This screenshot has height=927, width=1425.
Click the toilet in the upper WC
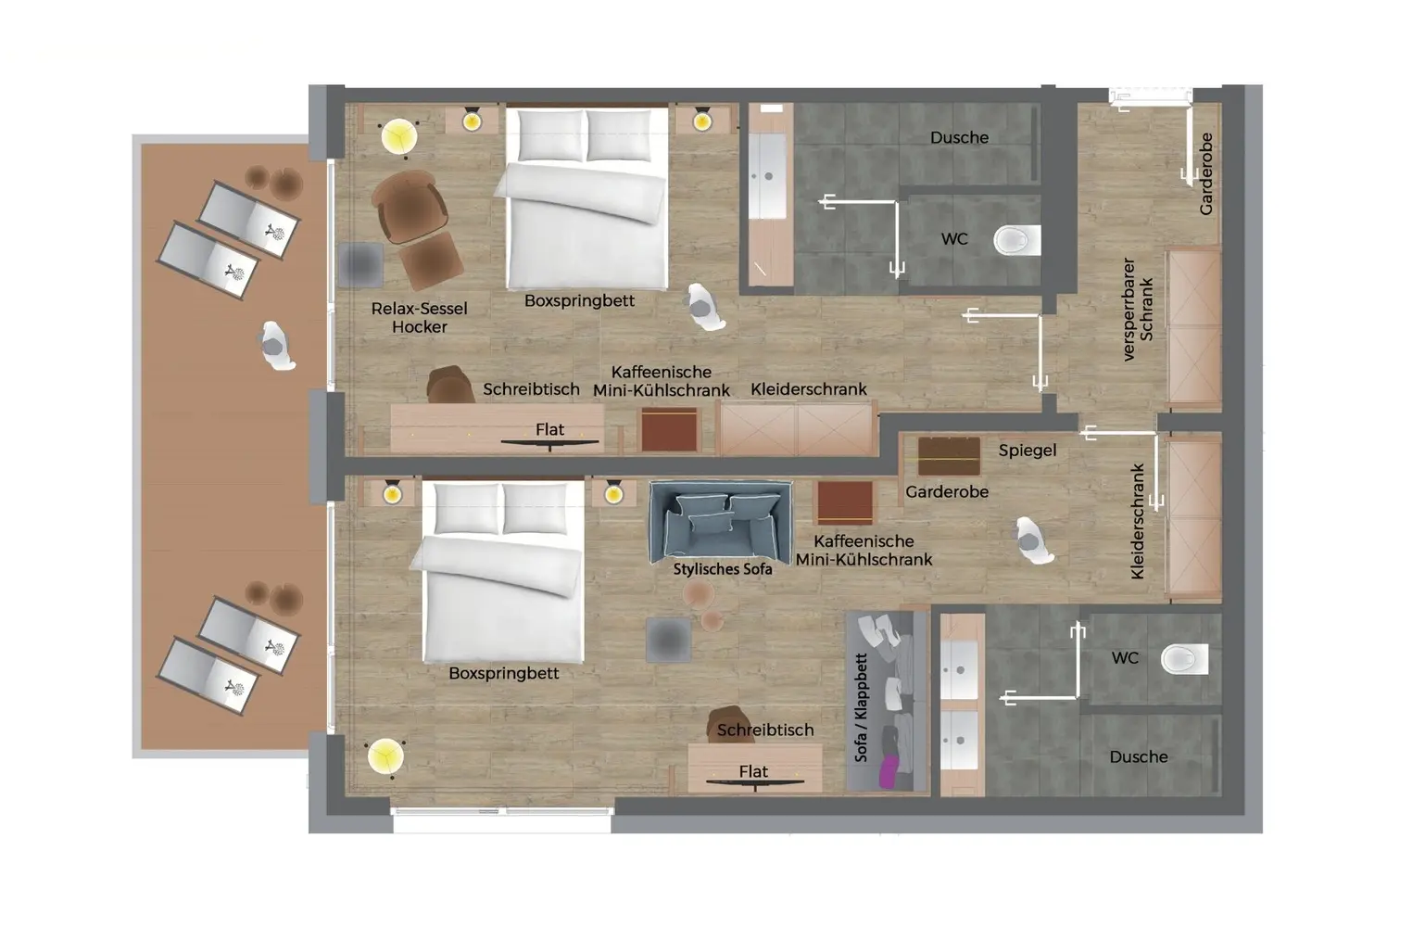[1016, 240]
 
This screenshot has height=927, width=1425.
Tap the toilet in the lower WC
[1184, 659]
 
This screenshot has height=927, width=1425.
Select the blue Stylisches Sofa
[720, 523]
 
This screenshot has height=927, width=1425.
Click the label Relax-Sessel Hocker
[419, 318]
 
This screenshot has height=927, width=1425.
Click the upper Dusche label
[959, 137]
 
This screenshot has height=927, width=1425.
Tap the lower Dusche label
[1139, 757]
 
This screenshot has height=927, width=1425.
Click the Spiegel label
[1028, 451]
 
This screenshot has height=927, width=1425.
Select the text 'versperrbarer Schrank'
[1138, 310]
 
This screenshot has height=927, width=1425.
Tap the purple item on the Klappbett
[889, 771]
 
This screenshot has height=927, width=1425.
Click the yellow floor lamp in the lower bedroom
[385, 756]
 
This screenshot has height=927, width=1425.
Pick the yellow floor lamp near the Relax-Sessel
[399, 137]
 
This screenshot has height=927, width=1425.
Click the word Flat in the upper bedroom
[549, 430]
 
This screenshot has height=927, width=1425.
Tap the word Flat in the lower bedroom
[754, 771]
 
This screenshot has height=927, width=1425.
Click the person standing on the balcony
[276, 346]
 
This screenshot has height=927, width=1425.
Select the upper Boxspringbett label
[579, 301]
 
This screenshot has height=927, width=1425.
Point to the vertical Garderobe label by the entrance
[1206, 174]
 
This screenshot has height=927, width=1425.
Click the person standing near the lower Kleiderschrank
[1033, 540]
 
